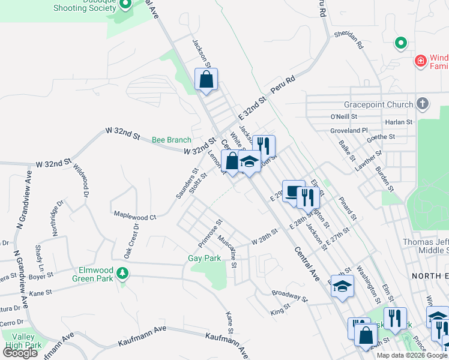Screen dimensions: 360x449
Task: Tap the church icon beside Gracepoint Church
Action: point(423,104)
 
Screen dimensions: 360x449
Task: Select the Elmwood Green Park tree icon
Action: point(123,274)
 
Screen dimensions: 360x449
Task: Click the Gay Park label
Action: point(204,259)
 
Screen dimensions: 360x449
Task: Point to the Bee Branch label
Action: point(171,140)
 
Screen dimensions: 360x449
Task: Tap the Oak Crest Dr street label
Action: point(131,241)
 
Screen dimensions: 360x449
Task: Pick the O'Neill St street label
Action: point(343,116)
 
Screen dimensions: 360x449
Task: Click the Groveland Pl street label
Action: point(348,130)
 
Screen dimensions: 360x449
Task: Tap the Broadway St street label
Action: point(289,296)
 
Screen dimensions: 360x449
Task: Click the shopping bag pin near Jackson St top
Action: point(206,79)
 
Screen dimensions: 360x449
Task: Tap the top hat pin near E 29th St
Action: point(293,191)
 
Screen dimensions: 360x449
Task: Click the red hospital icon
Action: point(421,61)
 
